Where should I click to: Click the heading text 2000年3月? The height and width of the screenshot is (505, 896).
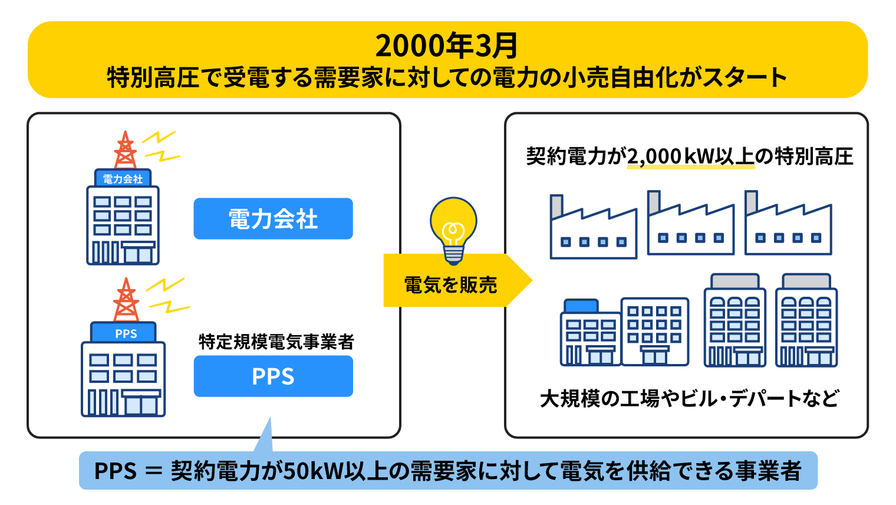coord(447,45)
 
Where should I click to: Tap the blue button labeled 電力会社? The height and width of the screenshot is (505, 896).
coord(273,219)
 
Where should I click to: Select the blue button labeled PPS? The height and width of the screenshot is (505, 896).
coord(273,376)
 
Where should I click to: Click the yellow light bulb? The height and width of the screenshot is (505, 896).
coord(453,230)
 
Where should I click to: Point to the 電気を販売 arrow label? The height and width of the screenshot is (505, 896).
coord(451,285)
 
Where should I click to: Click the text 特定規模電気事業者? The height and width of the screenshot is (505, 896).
coord(276,342)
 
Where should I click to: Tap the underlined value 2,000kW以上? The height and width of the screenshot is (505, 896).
coord(691,156)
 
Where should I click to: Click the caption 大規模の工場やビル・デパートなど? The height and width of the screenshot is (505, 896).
coord(689,398)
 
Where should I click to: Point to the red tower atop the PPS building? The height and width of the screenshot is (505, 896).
coord(126,300)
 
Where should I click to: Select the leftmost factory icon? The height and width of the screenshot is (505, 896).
coord(593,227)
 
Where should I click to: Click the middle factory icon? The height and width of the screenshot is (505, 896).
coord(691,222)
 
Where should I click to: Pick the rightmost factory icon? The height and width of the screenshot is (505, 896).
coord(788,222)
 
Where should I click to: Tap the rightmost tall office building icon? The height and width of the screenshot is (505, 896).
coord(806,320)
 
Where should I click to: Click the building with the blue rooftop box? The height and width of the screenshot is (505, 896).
coord(591,332)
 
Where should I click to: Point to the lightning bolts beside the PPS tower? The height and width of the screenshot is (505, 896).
coord(167,296)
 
